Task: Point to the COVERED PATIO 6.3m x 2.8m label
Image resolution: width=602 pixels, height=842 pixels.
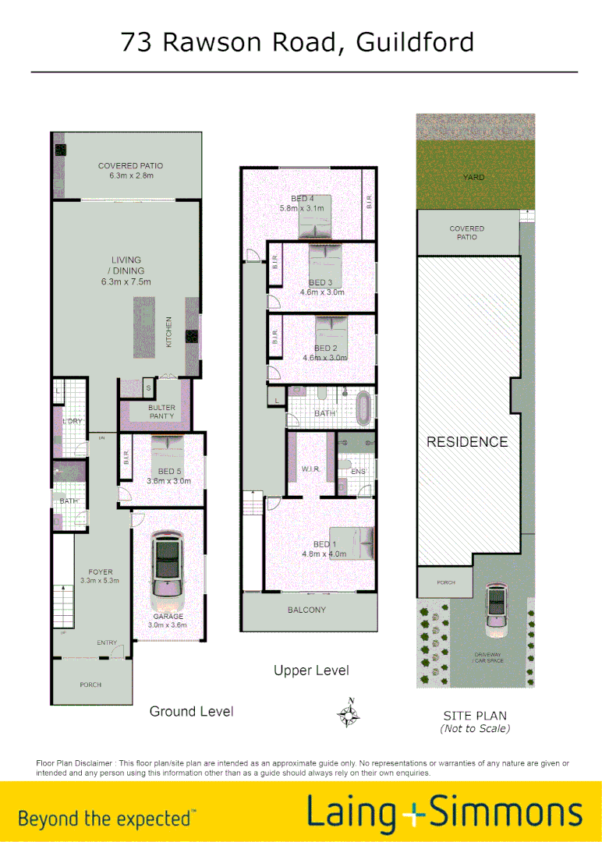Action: [x=130, y=171]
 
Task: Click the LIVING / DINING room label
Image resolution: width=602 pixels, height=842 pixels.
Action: [x=126, y=271]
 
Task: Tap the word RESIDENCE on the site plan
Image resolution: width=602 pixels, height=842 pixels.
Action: [x=467, y=442]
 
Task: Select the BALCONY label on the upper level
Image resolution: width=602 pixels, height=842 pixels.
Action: [x=306, y=610]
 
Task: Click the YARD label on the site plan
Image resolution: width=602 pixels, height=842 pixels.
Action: [x=473, y=178]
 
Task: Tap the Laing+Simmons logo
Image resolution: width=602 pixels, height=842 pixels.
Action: [x=444, y=812]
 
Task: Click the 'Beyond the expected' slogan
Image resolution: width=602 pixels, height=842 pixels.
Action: [x=107, y=819]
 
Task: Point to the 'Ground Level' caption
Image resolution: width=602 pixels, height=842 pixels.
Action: [x=191, y=711]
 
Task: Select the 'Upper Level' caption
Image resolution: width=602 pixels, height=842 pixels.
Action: [x=311, y=670]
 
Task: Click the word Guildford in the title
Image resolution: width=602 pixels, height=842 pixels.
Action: [x=415, y=41]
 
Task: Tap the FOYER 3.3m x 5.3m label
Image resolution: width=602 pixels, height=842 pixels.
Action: [x=99, y=576]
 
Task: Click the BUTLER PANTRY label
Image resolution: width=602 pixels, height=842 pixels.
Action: [x=161, y=412]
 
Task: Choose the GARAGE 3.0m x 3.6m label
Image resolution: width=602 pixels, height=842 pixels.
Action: [x=168, y=621]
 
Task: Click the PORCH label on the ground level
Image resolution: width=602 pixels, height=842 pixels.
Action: [x=90, y=685]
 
